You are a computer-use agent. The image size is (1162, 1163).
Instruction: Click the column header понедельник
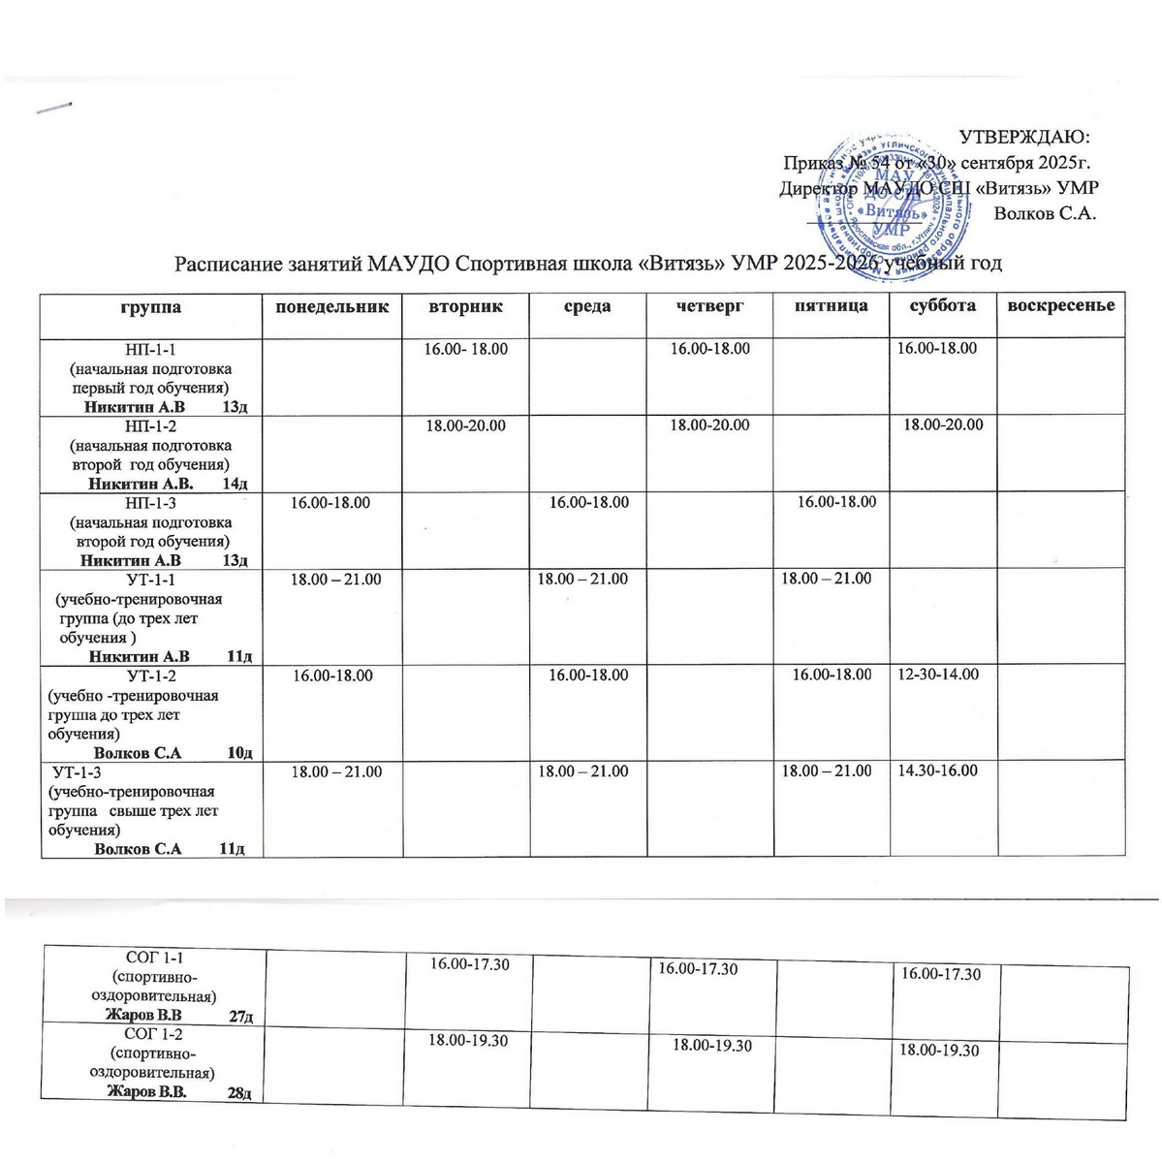tap(333, 307)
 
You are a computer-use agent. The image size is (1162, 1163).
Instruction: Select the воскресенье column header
tap(1061, 306)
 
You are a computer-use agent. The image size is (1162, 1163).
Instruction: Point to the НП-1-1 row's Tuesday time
tap(466, 348)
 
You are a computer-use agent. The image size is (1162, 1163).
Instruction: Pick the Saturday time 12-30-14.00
tap(938, 675)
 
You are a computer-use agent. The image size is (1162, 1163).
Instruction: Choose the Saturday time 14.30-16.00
tap(938, 771)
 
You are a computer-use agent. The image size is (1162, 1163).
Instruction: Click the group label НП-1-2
tap(150, 425)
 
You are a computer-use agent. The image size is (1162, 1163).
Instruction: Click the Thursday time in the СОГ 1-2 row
tap(712, 1046)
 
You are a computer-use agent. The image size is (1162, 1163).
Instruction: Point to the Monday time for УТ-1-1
tap(336, 580)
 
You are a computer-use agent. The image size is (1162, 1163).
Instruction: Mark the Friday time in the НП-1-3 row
tap(836, 502)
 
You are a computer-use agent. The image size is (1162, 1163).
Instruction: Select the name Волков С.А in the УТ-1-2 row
tap(138, 752)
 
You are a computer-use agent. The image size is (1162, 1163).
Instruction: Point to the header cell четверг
tap(710, 306)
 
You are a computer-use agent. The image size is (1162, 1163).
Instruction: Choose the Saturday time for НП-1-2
tap(943, 424)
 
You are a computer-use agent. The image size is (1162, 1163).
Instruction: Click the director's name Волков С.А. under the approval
tap(1045, 213)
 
